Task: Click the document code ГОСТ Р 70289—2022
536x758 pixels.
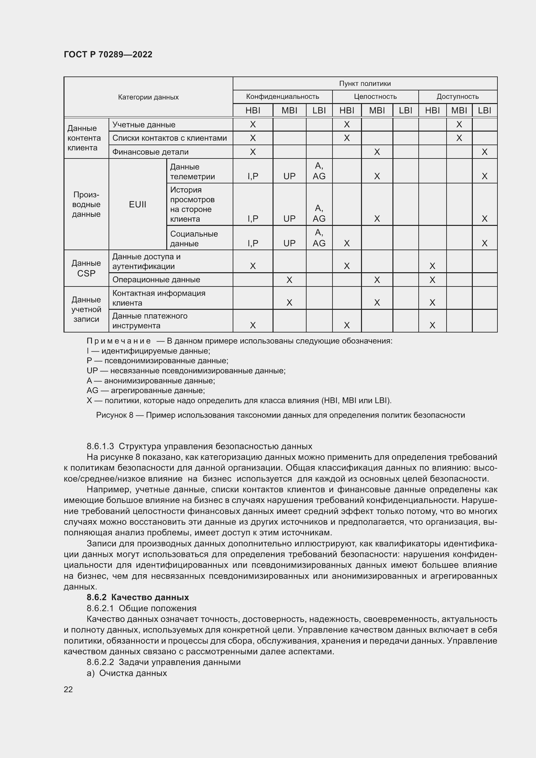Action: [x=108, y=54]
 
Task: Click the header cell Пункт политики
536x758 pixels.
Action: [x=365, y=84]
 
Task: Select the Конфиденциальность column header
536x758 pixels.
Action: [x=283, y=97]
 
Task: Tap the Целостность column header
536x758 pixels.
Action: [x=375, y=97]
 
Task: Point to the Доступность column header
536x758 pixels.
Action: [x=458, y=97]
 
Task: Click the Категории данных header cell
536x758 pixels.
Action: [x=148, y=97]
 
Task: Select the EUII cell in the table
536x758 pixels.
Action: [x=138, y=204]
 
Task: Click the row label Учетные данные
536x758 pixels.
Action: [x=144, y=125]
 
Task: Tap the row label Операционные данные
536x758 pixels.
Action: [x=156, y=280]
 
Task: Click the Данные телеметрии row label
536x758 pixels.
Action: [x=192, y=171]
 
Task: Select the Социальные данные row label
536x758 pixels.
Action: [x=194, y=239]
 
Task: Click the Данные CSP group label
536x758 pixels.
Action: [x=86, y=268]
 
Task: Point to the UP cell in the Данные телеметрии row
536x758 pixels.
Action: [x=289, y=176]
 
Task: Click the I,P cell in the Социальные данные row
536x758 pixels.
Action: [x=253, y=243]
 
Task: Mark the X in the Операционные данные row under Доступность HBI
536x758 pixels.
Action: [x=432, y=280]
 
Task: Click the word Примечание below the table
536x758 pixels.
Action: [x=119, y=341]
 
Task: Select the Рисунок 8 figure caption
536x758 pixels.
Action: [x=280, y=415]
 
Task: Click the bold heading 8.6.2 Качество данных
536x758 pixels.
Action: [x=138, y=597]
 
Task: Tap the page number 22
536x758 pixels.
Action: [x=68, y=689]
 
